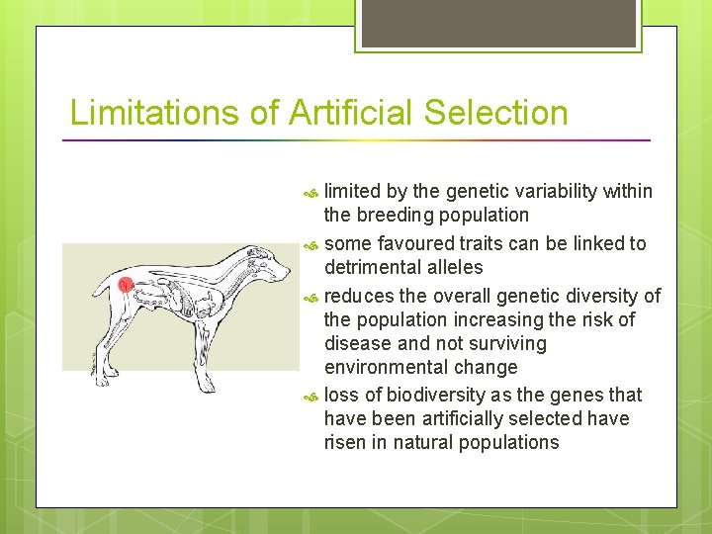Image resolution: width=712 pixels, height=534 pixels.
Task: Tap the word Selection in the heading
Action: (x=496, y=113)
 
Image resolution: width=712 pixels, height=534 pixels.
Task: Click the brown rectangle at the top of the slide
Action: (x=496, y=23)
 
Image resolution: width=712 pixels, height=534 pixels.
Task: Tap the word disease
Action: (x=358, y=343)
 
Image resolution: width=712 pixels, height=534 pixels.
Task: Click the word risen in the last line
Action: (x=346, y=442)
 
